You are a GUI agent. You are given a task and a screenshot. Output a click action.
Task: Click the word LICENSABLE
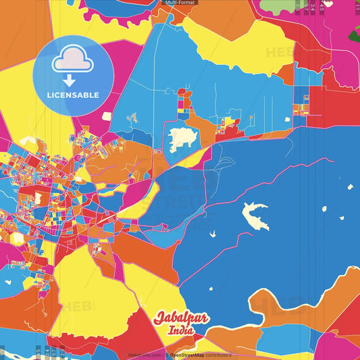74,95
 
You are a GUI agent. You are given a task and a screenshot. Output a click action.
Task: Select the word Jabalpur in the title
182,318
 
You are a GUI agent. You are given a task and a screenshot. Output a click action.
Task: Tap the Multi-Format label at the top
180,3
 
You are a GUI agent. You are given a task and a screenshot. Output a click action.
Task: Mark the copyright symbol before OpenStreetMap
166,354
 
